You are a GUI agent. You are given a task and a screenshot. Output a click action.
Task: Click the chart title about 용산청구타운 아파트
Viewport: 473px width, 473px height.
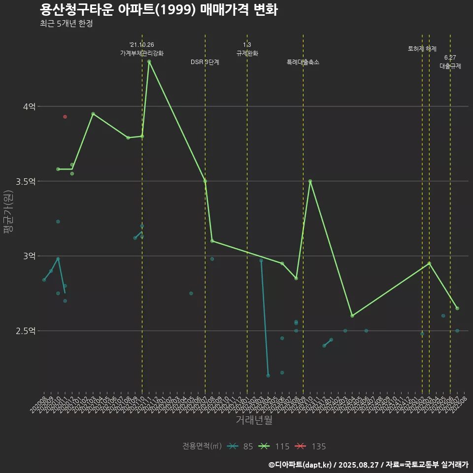click(x=158, y=10)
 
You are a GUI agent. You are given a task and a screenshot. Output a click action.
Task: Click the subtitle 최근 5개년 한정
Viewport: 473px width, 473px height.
click(x=66, y=24)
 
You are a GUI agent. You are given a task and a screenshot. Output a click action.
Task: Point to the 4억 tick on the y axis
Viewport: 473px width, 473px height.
click(x=28, y=106)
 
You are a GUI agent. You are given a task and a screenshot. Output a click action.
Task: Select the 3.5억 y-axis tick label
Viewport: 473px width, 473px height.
click(x=25, y=181)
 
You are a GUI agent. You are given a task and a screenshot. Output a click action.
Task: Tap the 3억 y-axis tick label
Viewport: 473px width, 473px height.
click(x=28, y=256)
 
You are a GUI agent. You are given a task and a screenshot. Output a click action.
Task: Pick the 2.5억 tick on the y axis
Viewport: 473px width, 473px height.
click(x=25, y=331)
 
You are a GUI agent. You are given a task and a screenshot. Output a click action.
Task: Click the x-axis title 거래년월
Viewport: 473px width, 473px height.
click(x=254, y=420)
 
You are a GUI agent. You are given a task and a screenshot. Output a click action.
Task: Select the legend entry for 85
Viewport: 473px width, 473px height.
click(x=241, y=446)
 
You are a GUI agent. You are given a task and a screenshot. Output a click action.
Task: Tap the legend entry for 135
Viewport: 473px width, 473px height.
click(x=311, y=446)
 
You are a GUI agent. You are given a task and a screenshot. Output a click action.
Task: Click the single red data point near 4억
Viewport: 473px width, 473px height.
click(x=65, y=117)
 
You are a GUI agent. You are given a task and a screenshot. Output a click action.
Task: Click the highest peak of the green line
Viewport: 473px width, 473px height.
click(x=149, y=62)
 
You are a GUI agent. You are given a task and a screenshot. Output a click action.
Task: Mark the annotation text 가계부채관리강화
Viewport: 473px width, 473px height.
click(x=142, y=53)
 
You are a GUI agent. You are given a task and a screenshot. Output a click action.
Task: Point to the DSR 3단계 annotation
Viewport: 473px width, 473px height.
click(x=205, y=62)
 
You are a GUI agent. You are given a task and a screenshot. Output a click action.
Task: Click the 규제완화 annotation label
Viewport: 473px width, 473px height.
click(x=247, y=53)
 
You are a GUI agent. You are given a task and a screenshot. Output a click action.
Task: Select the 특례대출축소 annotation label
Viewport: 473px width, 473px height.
click(x=303, y=62)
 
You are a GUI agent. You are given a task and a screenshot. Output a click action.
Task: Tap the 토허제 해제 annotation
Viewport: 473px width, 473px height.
click(x=422, y=49)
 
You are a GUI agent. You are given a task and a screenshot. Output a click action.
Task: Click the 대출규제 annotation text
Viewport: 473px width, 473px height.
click(x=450, y=66)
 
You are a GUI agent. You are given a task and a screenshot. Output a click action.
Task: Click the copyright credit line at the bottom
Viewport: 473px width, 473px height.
click(x=368, y=464)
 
